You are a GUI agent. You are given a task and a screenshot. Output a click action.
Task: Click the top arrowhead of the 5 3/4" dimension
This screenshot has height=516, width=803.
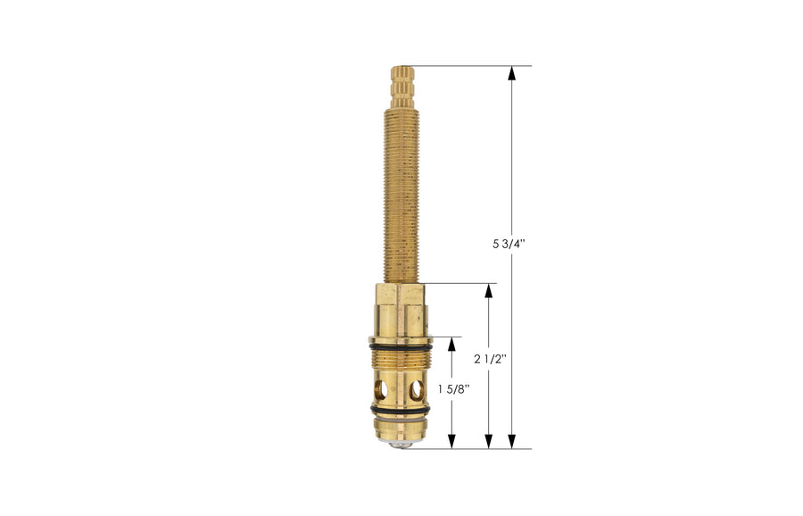coord(512,74)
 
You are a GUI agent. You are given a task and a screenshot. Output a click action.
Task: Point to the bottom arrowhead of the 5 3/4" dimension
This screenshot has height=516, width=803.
coord(512,440)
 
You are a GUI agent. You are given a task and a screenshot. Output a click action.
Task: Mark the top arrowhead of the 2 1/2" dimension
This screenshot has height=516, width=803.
coord(489,292)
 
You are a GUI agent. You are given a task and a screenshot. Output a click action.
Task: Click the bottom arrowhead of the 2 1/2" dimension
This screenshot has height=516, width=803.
coord(489,440)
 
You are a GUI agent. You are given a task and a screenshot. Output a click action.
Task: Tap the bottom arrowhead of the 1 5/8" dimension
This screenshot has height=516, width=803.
coord(451,440)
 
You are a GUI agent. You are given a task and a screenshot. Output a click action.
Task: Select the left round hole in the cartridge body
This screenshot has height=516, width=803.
coord(381,389)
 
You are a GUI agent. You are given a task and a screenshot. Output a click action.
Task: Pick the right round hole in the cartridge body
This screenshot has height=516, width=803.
coord(416,389)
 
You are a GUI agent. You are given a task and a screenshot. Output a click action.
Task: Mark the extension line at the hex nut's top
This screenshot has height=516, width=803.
coord(459,284)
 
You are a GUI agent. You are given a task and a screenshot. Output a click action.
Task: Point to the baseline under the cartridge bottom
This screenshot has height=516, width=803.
coord(473,448)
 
